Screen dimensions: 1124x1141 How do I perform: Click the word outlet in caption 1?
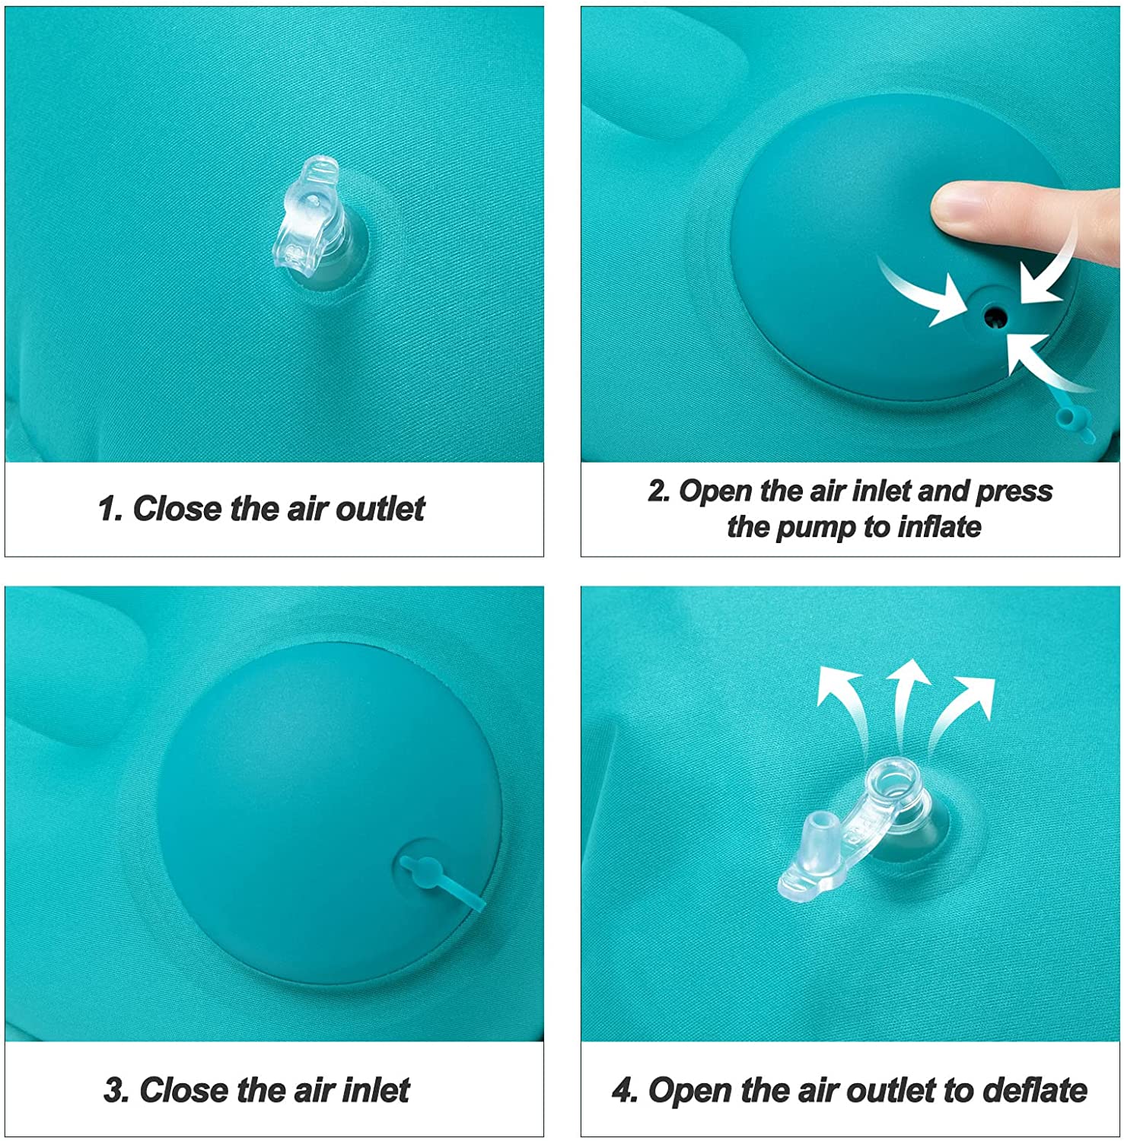(381, 508)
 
